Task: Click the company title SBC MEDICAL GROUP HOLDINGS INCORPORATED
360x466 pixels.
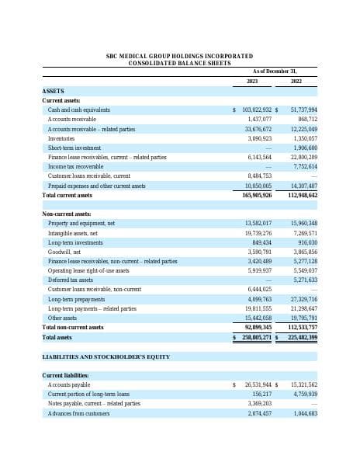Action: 179,56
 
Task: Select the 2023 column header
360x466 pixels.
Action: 252,81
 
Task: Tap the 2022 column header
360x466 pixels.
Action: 296,81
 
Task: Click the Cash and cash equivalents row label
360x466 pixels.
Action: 79,110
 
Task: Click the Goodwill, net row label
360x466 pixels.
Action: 65,252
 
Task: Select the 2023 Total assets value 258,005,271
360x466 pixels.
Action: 256,338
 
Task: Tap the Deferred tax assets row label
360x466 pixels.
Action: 71,280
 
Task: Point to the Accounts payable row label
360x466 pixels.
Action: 69,384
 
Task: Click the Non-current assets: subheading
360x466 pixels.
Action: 67,214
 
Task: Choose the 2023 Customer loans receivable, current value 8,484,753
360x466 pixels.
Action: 260,176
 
